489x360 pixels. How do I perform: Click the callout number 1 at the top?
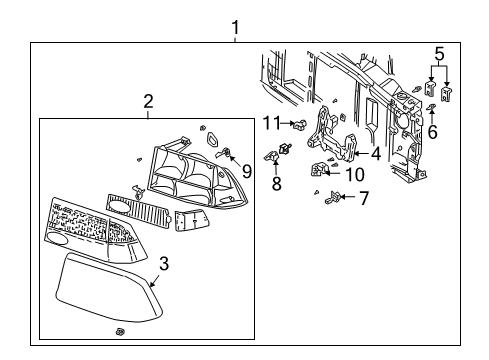point(235,26)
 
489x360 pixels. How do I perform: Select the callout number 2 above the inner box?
point(148,100)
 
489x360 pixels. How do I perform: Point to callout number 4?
point(375,154)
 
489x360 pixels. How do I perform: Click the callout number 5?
point(438,52)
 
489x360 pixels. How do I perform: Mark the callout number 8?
point(275,183)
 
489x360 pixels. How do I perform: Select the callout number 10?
point(355,174)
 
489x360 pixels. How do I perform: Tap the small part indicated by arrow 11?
point(298,124)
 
